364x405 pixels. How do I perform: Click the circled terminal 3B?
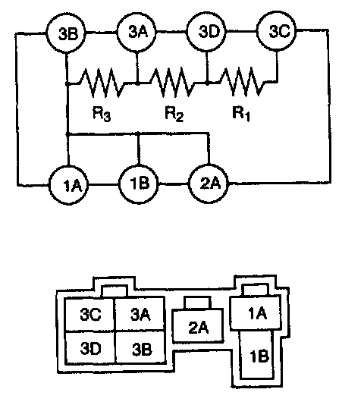click(66, 33)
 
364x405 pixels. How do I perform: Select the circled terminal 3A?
click(136, 33)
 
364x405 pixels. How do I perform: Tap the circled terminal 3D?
click(206, 32)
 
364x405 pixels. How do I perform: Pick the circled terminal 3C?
click(277, 31)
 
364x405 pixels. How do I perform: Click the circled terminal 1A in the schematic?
click(69, 185)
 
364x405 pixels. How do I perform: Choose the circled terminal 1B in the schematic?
click(139, 184)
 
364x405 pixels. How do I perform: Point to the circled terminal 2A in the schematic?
click(209, 184)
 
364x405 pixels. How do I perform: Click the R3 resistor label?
click(102, 114)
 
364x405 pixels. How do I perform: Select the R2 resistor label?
click(174, 114)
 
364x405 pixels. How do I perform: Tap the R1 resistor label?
click(241, 113)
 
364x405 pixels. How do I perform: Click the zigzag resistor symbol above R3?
click(102, 82)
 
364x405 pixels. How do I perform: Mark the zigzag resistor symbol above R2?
click(172, 82)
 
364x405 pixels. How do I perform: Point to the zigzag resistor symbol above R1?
click(242, 81)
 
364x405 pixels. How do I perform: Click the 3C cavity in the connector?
click(89, 314)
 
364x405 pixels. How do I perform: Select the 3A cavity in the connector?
click(140, 313)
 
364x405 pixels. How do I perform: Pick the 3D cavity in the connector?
click(90, 347)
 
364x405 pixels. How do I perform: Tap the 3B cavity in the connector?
click(140, 347)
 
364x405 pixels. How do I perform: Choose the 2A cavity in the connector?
click(198, 325)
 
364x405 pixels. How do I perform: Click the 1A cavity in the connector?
click(256, 313)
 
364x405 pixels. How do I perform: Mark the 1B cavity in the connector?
click(256, 355)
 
